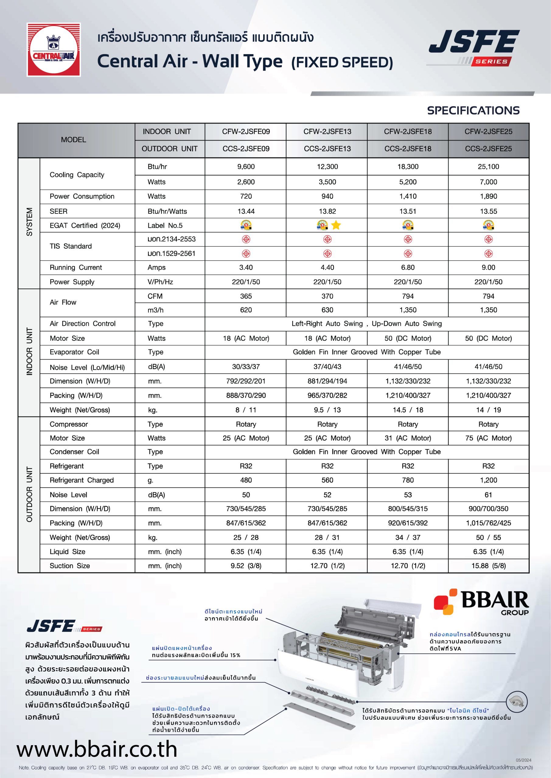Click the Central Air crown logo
54,50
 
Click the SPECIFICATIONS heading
473,110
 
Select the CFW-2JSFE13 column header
327,132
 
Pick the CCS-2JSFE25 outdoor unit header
488,149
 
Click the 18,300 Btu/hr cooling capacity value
408,167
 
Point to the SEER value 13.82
327,212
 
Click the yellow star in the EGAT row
336,225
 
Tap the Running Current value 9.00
488,267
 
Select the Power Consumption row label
82,197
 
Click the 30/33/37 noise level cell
246,367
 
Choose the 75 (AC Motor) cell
488,438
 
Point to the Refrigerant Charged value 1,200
488,480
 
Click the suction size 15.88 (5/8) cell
488,566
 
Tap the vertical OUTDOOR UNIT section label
30,494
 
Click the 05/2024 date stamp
524,760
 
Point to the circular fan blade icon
516,701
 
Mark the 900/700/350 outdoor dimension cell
488,509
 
